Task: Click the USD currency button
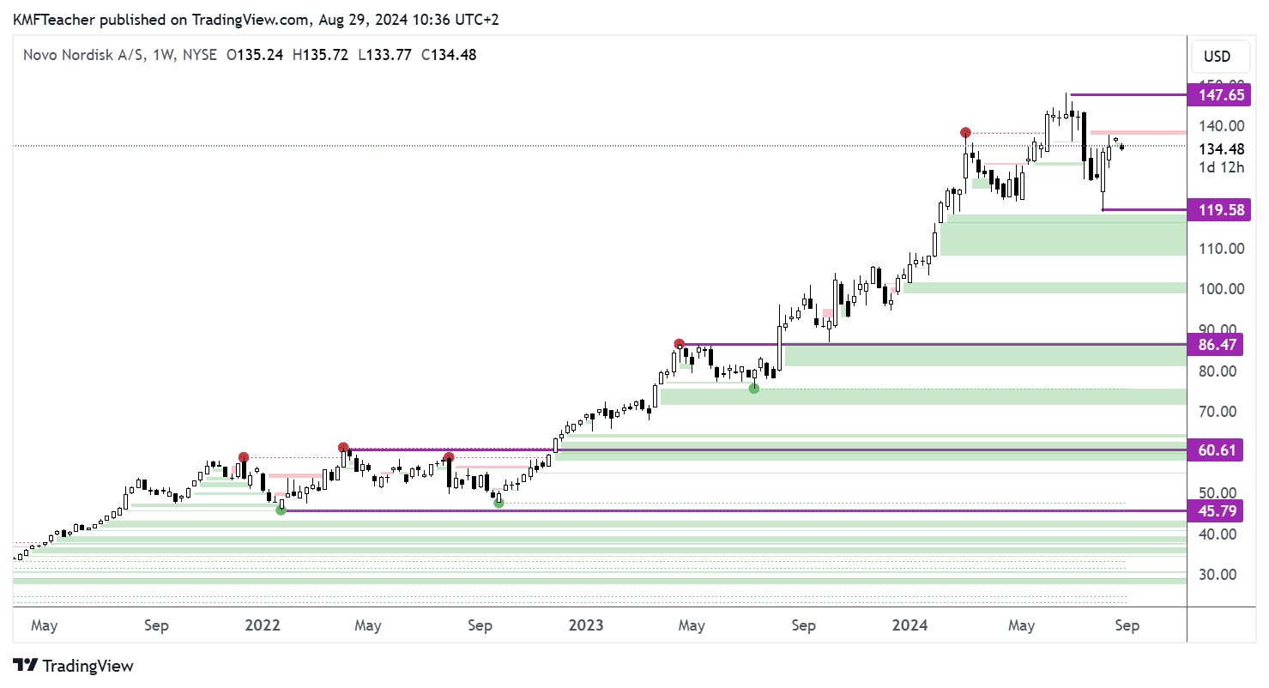click(x=1217, y=57)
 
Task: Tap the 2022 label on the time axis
click(x=263, y=625)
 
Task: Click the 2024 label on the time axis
click(x=909, y=625)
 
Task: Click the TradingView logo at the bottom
click(x=74, y=666)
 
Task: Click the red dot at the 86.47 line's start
click(x=680, y=344)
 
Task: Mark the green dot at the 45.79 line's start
click(x=281, y=510)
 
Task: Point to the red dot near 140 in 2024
click(x=966, y=133)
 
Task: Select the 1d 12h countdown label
click(x=1223, y=167)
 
